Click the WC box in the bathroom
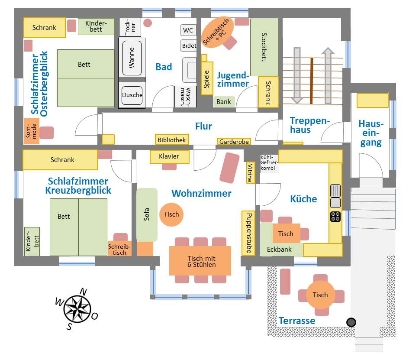188,30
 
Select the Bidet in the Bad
189,45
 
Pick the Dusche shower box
132,95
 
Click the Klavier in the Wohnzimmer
170,156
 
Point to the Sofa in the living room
147,215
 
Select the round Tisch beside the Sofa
171,214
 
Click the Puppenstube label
248,232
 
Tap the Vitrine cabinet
250,173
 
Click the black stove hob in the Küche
335,216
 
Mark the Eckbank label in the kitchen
279,250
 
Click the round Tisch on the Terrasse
320,295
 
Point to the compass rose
77,308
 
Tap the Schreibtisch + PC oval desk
218,33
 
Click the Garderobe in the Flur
234,142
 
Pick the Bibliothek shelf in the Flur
172,140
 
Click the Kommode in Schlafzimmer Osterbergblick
32,131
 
